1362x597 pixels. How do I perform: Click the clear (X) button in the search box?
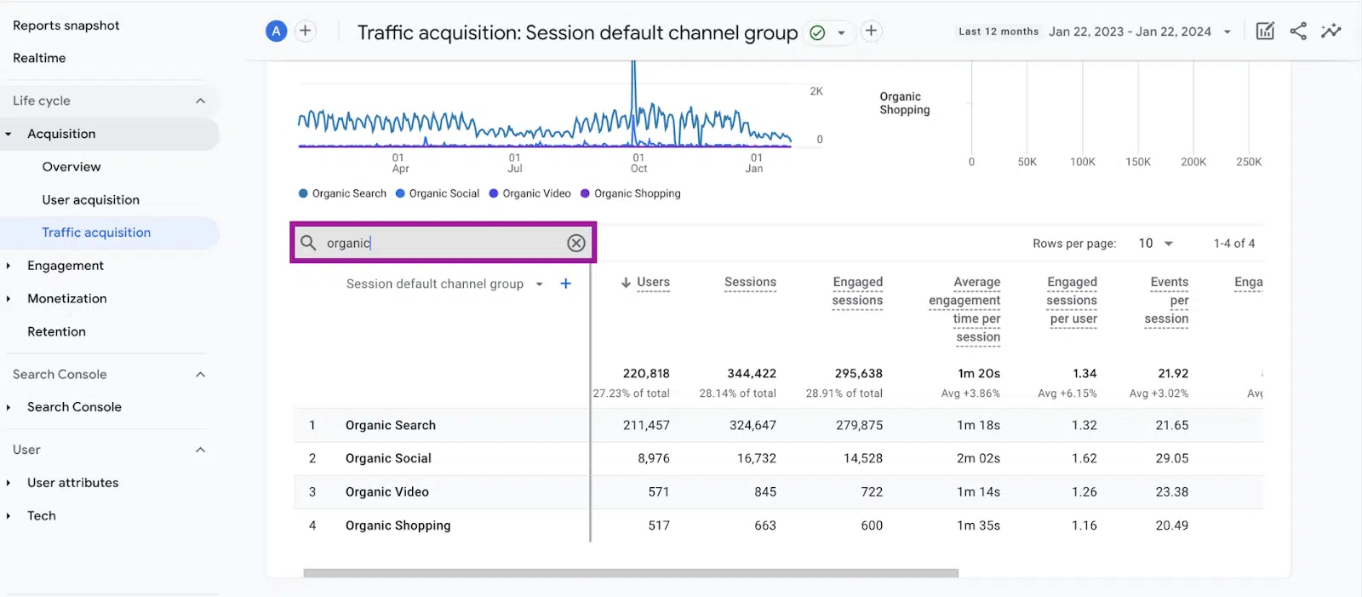pyautogui.click(x=576, y=243)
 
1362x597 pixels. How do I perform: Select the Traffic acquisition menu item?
pyautogui.click(x=96, y=232)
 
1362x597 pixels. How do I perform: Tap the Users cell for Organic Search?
pyautogui.click(x=646, y=425)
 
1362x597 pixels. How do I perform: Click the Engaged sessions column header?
pyautogui.click(x=857, y=291)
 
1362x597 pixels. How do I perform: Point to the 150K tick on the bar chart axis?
pyautogui.click(x=1137, y=162)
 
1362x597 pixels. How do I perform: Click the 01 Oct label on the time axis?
pyautogui.click(x=638, y=163)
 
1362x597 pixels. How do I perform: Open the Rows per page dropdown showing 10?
pyautogui.click(x=1156, y=244)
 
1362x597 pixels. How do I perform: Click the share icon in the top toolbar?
pyautogui.click(x=1298, y=32)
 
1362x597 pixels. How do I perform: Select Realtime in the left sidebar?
pyautogui.click(x=39, y=58)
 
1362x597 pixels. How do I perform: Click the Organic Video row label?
pyautogui.click(x=387, y=491)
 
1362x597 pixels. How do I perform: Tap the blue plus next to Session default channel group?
pyautogui.click(x=565, y=284)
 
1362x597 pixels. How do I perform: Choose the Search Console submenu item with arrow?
pyautogui.click(x=74, y=407)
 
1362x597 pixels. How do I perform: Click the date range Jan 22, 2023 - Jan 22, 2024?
pyautogui.click(x=1130, y=32)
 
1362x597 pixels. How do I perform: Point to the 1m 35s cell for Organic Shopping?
pyautogui.click(x=978, y=525)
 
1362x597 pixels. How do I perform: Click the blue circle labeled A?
pyautogui.click(x=276, y=32)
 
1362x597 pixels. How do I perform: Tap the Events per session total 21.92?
pyautogui.click(x=1173, y=373)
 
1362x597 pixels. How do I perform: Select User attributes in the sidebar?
pyautogui.click(x=72, y=482)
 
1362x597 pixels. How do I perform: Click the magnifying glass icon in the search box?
pyautogui.click(x=308, y=243)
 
